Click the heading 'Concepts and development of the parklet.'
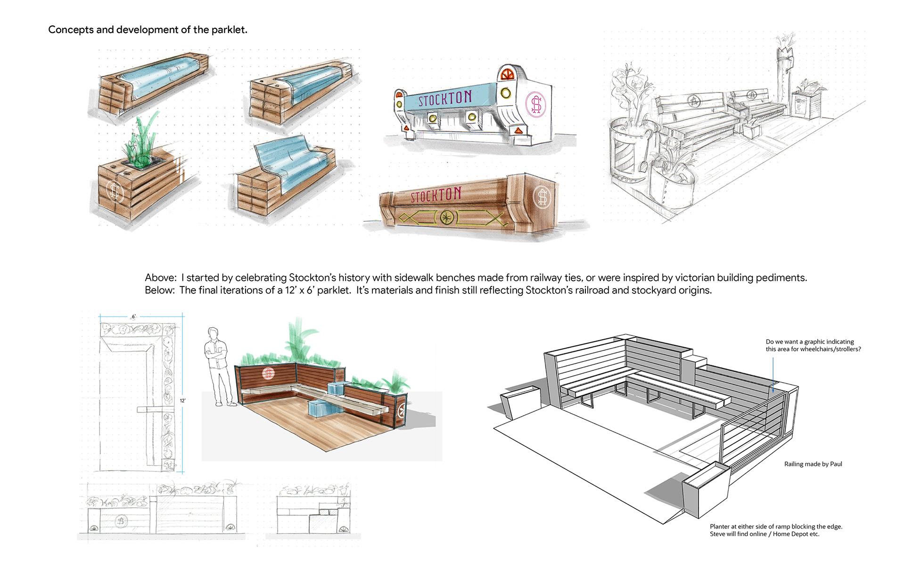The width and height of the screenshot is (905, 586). pos(148,30)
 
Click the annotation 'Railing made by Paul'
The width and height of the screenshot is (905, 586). pos(813,464)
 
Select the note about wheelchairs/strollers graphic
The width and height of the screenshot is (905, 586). pos(813,345)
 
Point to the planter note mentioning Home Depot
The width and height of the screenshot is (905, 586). pos(775,530)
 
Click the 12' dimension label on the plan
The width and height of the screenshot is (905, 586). pos(182,401)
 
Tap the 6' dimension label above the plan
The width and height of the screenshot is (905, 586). pos(133,317)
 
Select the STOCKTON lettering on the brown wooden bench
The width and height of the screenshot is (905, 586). pos(436,195)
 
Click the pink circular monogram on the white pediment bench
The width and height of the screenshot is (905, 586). pos(536,104)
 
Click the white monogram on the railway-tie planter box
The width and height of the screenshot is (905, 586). pos(115,192)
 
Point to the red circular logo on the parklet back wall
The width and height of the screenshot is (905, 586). pos(268,374)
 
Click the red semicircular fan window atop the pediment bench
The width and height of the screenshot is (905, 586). pos(507,74)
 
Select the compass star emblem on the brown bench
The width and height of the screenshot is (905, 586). pos(446,218)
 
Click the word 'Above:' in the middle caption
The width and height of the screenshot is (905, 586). pos(161,278)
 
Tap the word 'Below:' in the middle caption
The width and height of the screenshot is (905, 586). pos(160,290)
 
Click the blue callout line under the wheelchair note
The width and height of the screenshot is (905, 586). pos(773,375)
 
